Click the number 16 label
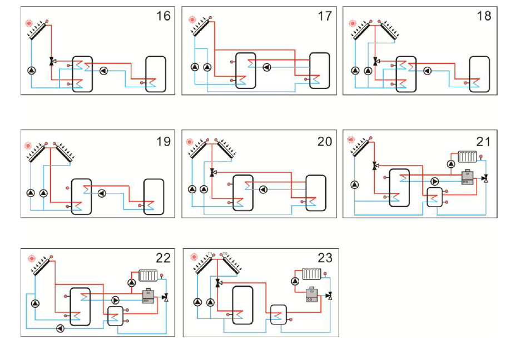pos(163,16)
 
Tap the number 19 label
pos(163,142)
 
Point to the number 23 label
pos(325,258)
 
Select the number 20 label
pos(325,142)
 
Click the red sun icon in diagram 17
pos(192,19)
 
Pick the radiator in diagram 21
pos(466,158)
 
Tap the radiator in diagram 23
pos(312,273)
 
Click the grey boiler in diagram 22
pos(148,296)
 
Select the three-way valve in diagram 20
pos(212,173)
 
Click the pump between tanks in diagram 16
pos(103,71)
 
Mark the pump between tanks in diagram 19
pos(102,193)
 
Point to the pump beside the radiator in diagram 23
pos(295,281)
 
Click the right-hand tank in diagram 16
pos(155,74)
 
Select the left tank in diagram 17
pos(245,71)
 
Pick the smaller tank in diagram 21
pos(434,197)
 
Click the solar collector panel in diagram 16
pos(39,30)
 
